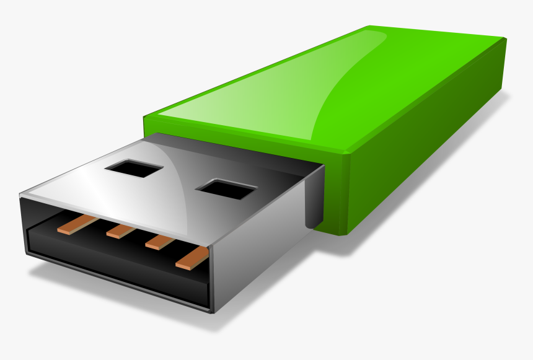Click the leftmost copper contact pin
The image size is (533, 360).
coord(77,224)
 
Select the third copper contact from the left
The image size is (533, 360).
coord(159,242)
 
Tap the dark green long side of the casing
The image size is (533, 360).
coord(428,155)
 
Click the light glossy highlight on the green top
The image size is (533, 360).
coord(260,99)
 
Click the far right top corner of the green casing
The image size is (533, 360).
coord(505,39)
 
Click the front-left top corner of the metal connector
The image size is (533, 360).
coord(22,196)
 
